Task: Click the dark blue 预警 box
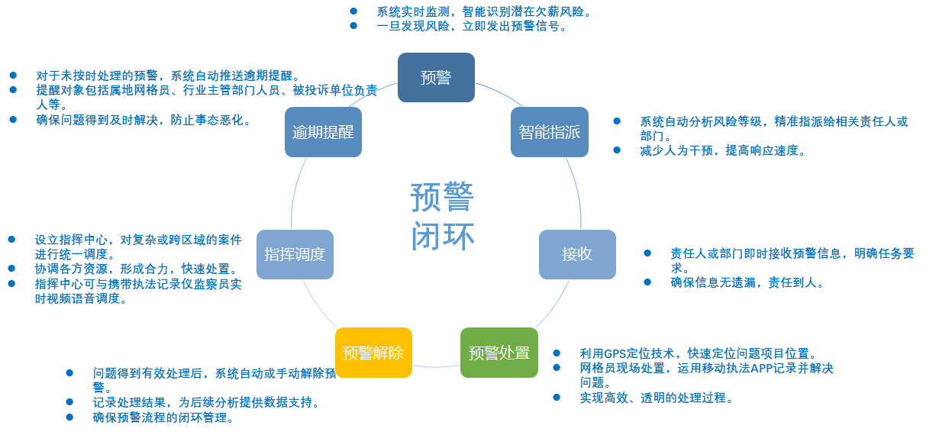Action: coord(436,77)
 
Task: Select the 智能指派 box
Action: coord(549,132)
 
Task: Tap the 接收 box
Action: coord(577,254)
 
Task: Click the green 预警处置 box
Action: coord(498,353)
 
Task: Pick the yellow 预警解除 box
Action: coord(373,353)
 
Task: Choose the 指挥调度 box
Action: coord(295,254)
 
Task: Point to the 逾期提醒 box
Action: coord(323,132)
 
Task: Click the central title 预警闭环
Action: coord(442,216)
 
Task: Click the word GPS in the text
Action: coord(615,353)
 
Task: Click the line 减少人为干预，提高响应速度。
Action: coord(723,150)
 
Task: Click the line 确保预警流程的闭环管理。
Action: coord(163,417)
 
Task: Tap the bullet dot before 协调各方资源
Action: coord(12,269)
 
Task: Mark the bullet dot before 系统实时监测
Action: coord(353,11)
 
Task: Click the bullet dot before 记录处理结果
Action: coord(70,402)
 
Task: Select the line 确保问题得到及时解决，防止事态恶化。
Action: coord(144,120)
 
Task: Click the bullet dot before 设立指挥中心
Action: coord(12,240)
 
